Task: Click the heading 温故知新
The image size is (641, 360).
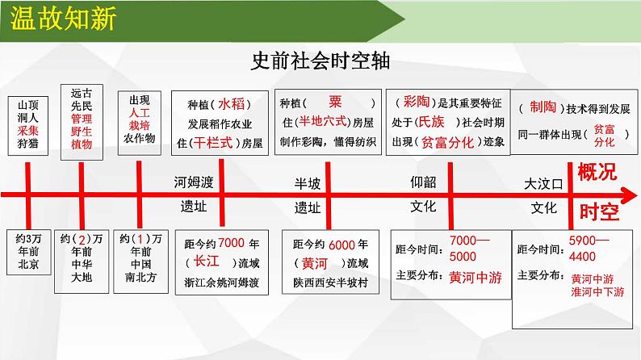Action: click(61, 19)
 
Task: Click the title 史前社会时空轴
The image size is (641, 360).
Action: click(320, 62)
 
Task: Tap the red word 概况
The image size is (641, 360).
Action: click(598, 171)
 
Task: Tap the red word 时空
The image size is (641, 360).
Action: click(598, 212)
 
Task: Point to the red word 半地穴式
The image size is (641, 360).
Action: click(322, 122)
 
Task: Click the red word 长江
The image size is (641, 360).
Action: click(201, 262)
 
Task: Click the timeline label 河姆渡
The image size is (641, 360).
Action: click(195, 182)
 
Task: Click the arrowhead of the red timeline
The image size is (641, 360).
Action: click(629, 194)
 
